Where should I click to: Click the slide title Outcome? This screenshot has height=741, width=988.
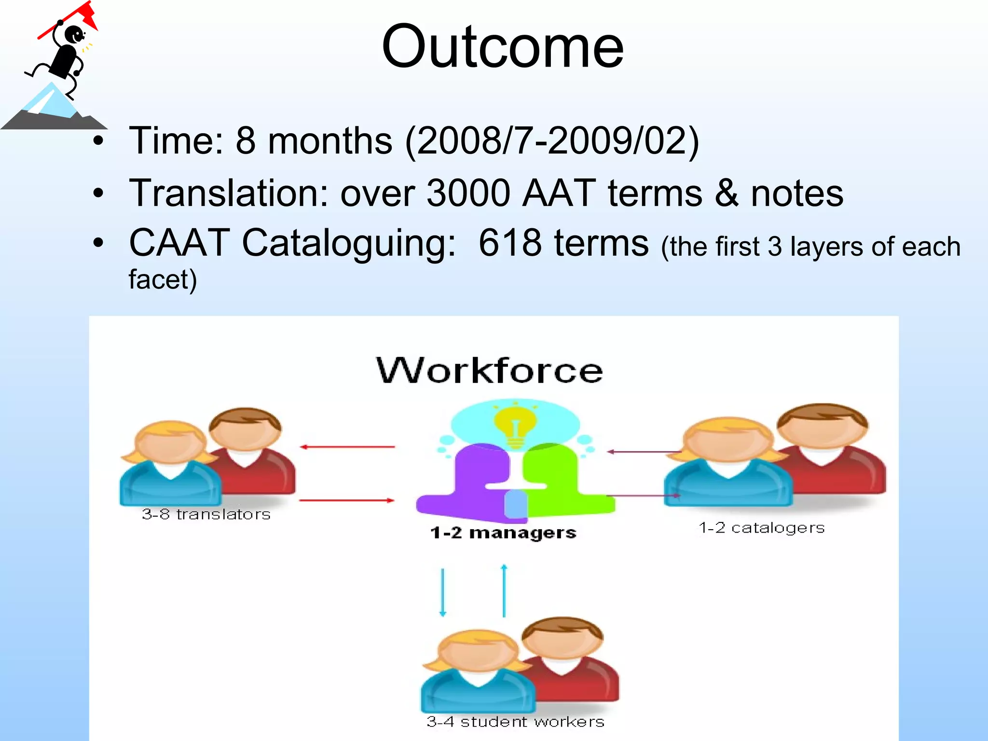tap(503, 47)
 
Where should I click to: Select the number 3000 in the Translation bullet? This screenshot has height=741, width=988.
tap(468, 193)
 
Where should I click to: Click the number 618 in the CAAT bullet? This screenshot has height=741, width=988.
tap(510, 243)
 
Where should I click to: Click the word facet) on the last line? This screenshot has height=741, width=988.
tap(163, 280)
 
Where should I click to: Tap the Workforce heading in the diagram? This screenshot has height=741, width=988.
tap(489, 370)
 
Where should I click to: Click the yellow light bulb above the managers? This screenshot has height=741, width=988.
tap(515, 425)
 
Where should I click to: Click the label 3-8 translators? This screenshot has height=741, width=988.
tap(206, 514)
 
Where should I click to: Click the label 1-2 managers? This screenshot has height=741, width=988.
tap(503, 533)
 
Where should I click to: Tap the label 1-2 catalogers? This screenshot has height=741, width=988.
tap(762, 528)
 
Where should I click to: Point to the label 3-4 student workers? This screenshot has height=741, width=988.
tap(515, 722)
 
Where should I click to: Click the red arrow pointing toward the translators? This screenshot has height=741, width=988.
tap(347, 447)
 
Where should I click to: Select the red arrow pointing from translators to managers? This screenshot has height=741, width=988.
tap(347, 501)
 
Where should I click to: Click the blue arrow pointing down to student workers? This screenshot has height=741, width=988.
tap(442, 592)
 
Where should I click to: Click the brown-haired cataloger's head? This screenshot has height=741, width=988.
tap(823, 425)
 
